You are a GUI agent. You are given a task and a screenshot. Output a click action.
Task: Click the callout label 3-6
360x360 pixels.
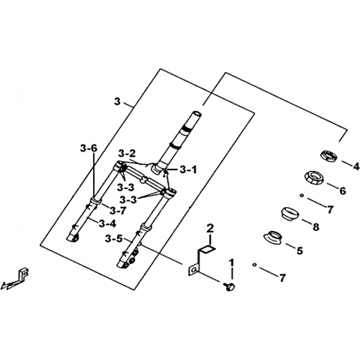(88, 148)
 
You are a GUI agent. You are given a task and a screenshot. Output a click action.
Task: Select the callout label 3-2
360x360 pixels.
(127, 153)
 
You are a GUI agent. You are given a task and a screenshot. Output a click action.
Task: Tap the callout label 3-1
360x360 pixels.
(188, 170)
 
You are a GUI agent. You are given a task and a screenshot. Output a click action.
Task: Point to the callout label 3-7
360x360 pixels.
(118, 211)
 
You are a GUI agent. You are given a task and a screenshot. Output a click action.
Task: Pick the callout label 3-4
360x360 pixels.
(107, 223)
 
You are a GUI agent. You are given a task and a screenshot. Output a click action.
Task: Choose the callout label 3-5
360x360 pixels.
(114, 238)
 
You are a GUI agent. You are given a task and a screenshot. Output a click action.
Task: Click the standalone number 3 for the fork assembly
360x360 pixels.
(117, 102)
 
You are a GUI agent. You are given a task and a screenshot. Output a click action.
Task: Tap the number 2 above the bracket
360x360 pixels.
(210, 229)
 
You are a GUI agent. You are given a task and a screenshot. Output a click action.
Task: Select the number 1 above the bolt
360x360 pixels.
(232, 262)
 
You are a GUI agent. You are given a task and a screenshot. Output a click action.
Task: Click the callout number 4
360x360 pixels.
(355, 166)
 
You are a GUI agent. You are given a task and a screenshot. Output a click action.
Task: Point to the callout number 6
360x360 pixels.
(343, 191)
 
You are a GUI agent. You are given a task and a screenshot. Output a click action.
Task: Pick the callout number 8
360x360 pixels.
(316, 227)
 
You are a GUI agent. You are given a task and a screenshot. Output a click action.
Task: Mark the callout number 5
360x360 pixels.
(299, 250)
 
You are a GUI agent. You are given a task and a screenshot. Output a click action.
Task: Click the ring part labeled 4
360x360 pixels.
(328, 156)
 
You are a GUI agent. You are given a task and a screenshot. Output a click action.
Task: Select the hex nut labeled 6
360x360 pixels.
(314, 178)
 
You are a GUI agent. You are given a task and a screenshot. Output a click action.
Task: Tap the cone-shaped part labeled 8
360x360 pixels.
(290, 214)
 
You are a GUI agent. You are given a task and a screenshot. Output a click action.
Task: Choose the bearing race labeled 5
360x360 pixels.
(274, 237)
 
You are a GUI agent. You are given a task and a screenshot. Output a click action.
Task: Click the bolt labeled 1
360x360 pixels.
(229, 286)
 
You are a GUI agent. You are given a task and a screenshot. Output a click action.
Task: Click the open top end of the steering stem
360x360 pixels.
(196, 113)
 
